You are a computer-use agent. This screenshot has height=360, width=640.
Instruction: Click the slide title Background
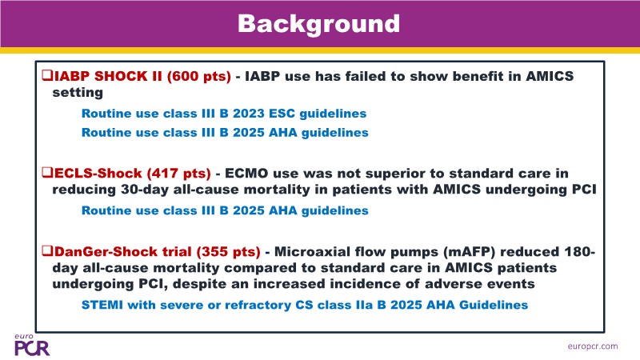[318, 24]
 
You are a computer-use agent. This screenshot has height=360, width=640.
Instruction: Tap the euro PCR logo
[32, 345]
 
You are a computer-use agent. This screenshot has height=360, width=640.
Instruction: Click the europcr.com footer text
[593, 346]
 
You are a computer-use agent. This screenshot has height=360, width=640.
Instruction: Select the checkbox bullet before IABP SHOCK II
[47, 75]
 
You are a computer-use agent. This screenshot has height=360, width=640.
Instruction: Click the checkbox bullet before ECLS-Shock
[47, 173]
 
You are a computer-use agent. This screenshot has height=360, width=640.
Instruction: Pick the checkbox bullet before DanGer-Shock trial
[47, 250]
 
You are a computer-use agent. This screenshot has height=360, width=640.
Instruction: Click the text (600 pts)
[199, 76]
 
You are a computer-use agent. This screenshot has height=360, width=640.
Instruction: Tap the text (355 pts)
[228, 251]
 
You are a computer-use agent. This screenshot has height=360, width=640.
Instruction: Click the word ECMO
[246, 174]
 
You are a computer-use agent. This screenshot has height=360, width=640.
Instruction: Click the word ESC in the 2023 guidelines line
[282, 114]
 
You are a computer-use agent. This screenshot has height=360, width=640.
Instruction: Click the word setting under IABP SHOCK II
[78, 93]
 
